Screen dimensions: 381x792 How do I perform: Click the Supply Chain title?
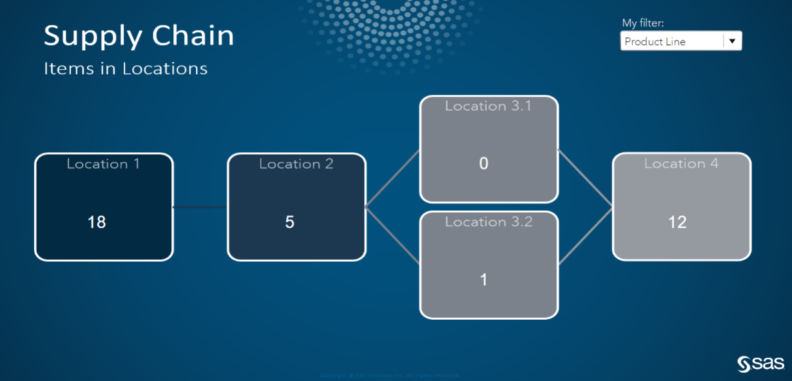(x=139, y=35)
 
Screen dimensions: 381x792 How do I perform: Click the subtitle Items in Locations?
(x=126, y=68)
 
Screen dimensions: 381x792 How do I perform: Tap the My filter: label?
(x=642, y=23)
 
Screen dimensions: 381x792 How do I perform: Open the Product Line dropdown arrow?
(x=732, y=41)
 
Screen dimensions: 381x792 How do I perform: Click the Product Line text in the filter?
(x=655, y=42)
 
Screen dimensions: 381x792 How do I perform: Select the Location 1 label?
(x=103, y=164)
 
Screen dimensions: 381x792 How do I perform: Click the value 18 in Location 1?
(x=97, y=222)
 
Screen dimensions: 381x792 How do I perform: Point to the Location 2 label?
(x=296, y=164)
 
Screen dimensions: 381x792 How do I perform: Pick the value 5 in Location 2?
(x=290, y=222)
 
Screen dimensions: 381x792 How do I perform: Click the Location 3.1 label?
(x=488, y=106)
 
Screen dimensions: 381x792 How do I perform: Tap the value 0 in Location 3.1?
(x=484, y=164)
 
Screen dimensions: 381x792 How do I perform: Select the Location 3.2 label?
(x=488, y=222)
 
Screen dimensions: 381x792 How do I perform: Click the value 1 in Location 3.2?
(x=484, y=280)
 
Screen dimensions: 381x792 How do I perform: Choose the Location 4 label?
(x=681, y=164)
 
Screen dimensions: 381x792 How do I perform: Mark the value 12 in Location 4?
(x=677, y=222)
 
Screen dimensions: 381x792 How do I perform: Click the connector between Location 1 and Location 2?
(x=200, y=207)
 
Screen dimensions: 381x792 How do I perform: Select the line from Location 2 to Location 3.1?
(x=392, y=179)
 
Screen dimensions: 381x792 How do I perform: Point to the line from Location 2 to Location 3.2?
(x=392, y=235)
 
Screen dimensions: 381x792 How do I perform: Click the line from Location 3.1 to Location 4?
(x=585, y=179)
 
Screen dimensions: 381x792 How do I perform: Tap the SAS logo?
(x=760, y=364)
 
